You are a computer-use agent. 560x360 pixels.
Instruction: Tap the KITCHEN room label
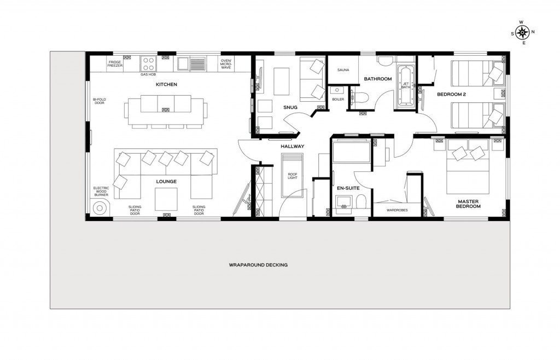(166, 85)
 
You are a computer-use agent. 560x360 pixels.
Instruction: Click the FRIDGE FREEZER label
(115, 64)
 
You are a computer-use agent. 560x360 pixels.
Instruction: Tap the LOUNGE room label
(166, 181)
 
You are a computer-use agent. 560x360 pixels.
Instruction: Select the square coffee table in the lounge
(166, 199)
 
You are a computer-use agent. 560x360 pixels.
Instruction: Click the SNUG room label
(290, 107)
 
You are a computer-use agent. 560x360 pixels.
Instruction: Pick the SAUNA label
(343, 70)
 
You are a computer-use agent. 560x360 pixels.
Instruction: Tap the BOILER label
(338, 100)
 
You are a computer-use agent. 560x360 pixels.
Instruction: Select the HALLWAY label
(292, 147)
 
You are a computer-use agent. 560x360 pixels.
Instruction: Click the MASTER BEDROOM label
(469, 204)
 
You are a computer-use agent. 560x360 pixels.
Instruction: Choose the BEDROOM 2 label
(451, 95)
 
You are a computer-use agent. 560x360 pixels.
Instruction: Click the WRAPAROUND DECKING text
(258, 265)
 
